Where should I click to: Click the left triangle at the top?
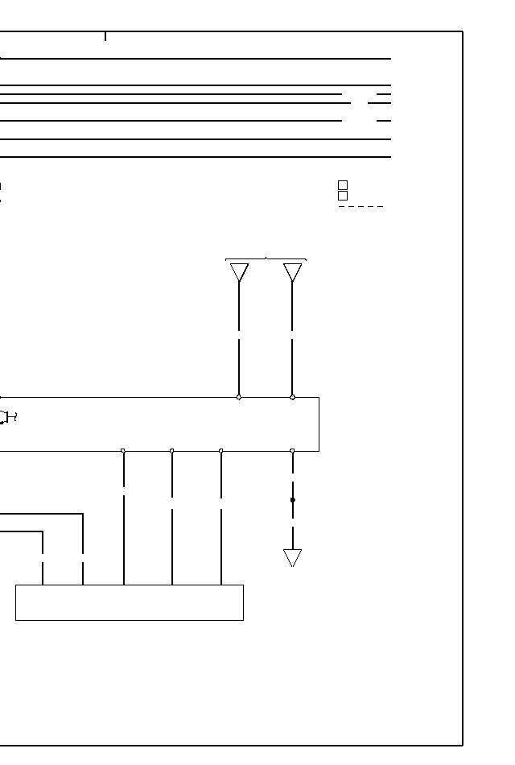click(x=239, y=272)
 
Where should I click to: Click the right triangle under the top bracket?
click(x=292, y=272)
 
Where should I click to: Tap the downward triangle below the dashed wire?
click(x=292, y=557)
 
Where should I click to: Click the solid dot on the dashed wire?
click(x=292, y=500)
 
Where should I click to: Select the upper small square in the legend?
click(x=343, y=185)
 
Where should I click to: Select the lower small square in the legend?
click(x=343, y=196)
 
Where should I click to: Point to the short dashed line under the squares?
click(x=360, y=207)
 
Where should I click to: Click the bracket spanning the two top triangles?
click(x=266, y=259)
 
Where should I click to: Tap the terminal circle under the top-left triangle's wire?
click(x=239, y=397)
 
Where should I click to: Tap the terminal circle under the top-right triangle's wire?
click(x=292, y=397)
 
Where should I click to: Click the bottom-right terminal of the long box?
click(x=292, y=451)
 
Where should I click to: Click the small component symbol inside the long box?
click(x=7, y=416)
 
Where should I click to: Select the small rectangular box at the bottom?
click(x=130, y=602)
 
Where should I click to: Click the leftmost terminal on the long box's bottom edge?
click(x=123, y=451)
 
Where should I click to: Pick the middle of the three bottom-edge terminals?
click(x=172, y=451)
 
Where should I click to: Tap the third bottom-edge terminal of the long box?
click(x=221, y=451)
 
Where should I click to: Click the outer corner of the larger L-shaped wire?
click(x=83, y=514)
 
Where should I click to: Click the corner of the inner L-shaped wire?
click(x=43, y=531)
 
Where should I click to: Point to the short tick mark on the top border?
click(x=105, y=36)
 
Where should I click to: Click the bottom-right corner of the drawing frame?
click(x=463, y=745)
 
